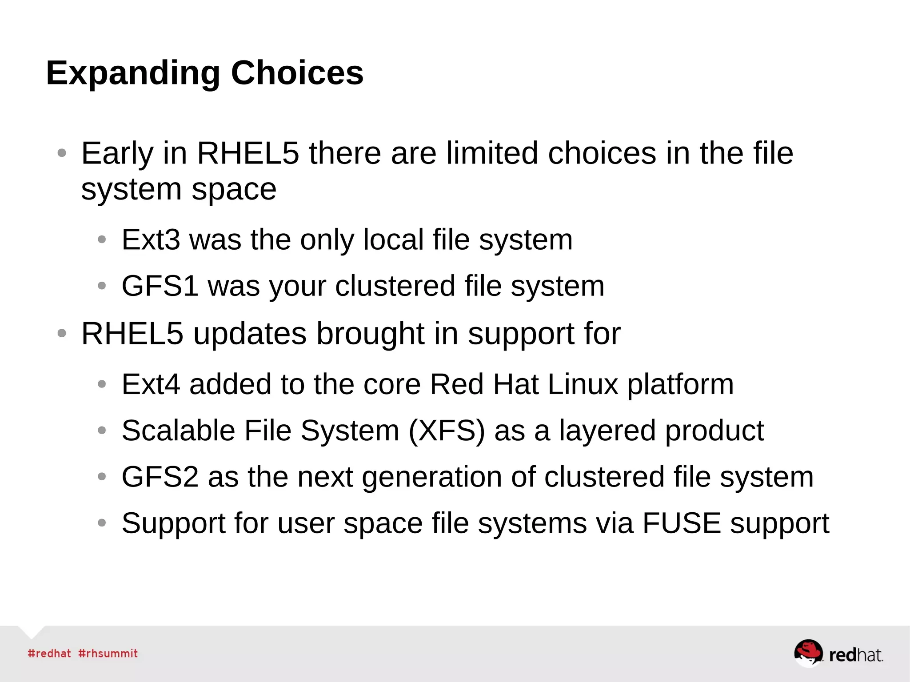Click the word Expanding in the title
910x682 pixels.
click(133, 73)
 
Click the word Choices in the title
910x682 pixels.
click(297, 72)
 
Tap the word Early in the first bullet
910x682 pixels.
click(117, 154)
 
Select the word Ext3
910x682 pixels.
click(151, 240)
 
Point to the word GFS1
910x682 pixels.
click(160, 286)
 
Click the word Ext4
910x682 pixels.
click(151, 384)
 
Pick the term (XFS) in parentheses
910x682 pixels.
click(447, 431)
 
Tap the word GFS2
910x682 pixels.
click(160, 477)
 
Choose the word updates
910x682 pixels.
click(250, 334)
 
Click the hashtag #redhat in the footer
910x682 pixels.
click(49, 654)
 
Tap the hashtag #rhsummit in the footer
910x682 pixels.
click(108, 654)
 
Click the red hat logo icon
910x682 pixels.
click(808, 653)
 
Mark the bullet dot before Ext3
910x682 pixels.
click(102, 240)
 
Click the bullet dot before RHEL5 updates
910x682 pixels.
click(62, 333)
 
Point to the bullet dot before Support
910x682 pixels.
click(102, 523)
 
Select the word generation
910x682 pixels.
click(432, 477)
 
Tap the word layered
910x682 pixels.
click(607, 431)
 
